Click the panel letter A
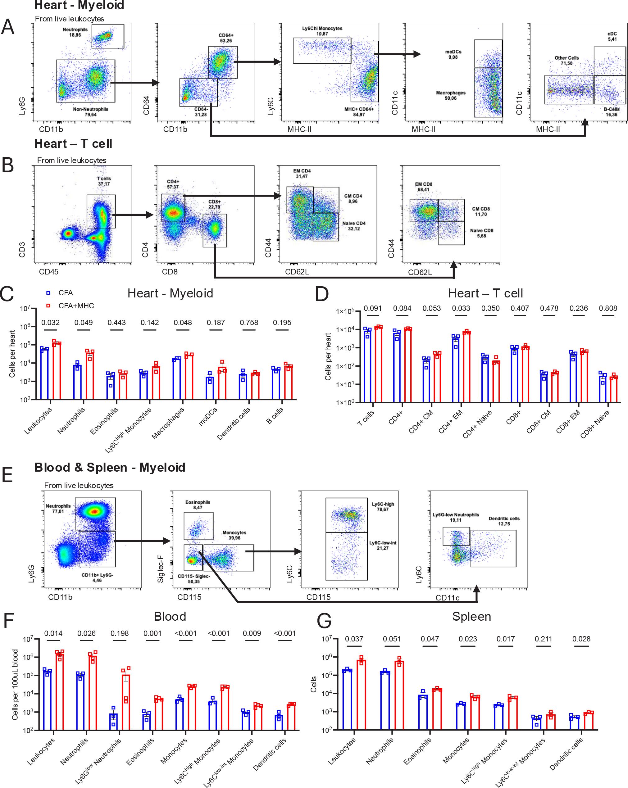[8, 27]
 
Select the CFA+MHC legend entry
[76, 306]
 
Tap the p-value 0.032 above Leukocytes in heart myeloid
[50, 323]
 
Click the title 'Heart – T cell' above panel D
[485, 293]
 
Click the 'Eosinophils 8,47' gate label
[198, 505]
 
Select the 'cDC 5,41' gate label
[612, 37]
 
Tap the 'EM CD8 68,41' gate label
[424, 187]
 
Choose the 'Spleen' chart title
[471, 617]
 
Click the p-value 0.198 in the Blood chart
[120, 633]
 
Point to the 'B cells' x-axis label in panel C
[275, 416]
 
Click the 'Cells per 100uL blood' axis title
[15, 685]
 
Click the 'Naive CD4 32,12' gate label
[353, 226]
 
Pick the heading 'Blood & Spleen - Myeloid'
[110, 468]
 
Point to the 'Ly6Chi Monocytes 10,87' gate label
[322, 31]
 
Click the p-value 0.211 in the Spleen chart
[544, 639]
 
